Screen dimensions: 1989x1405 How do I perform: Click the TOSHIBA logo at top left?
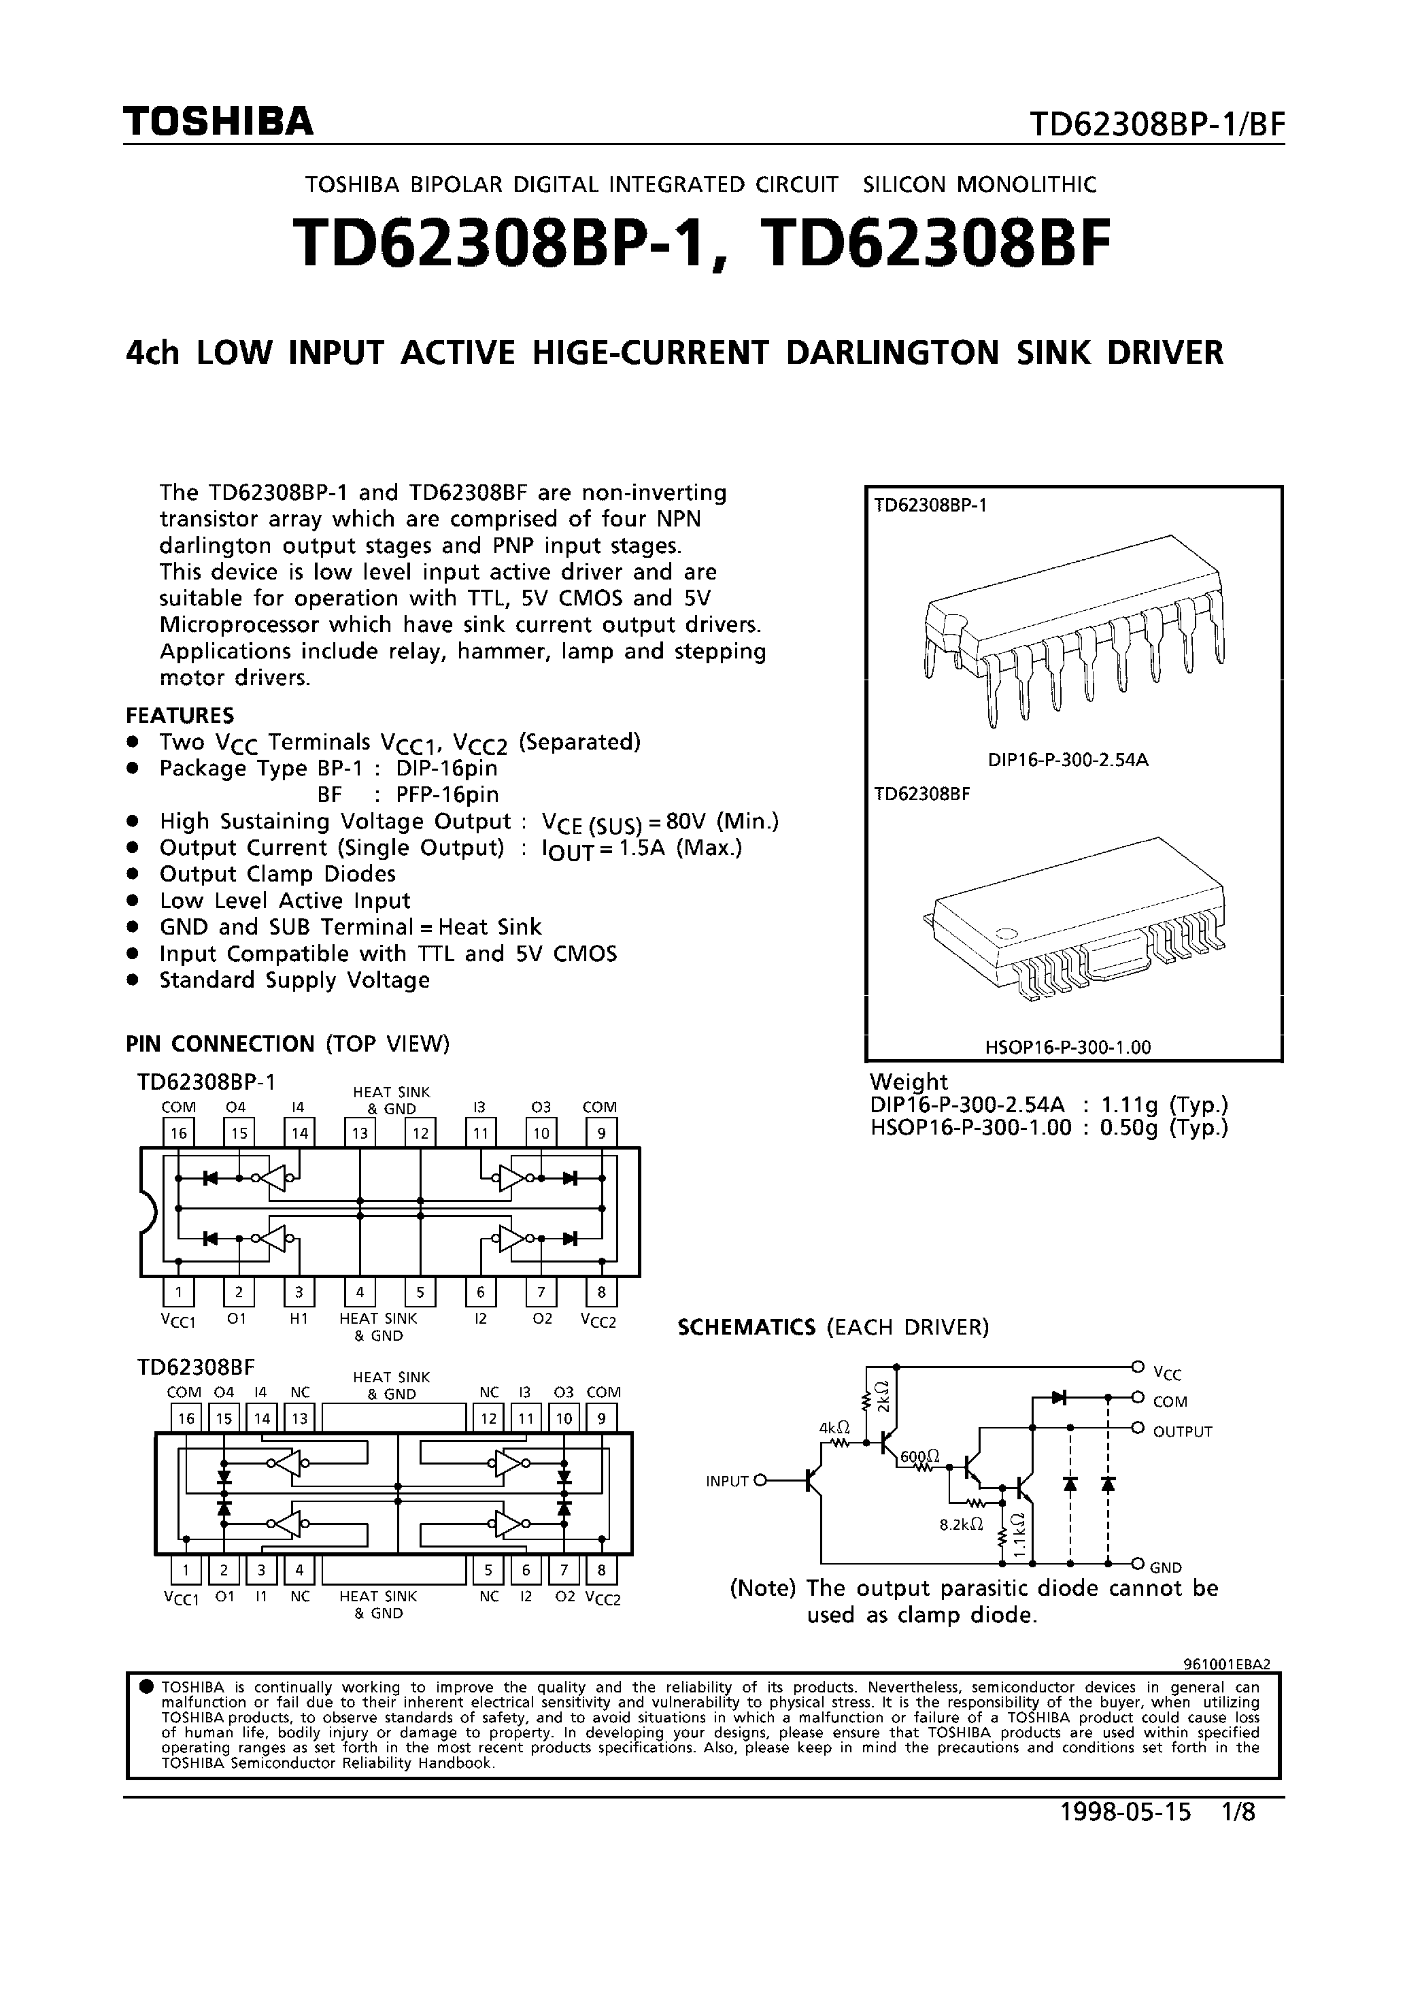click(x=218, y=122)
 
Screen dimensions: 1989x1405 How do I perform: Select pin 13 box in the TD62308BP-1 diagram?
click(x=360, y=1132)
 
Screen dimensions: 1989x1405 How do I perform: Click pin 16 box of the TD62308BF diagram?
click(x=186, y=1418)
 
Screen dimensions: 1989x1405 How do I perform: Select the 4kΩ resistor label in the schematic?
click(x=834, y=1426)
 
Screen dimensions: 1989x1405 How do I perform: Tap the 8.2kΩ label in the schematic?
click(x=962, y=1524)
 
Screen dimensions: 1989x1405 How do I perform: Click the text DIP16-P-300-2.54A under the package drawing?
click(x=1067, y=760)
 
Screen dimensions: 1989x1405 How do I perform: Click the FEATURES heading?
click(x=180, y=715)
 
